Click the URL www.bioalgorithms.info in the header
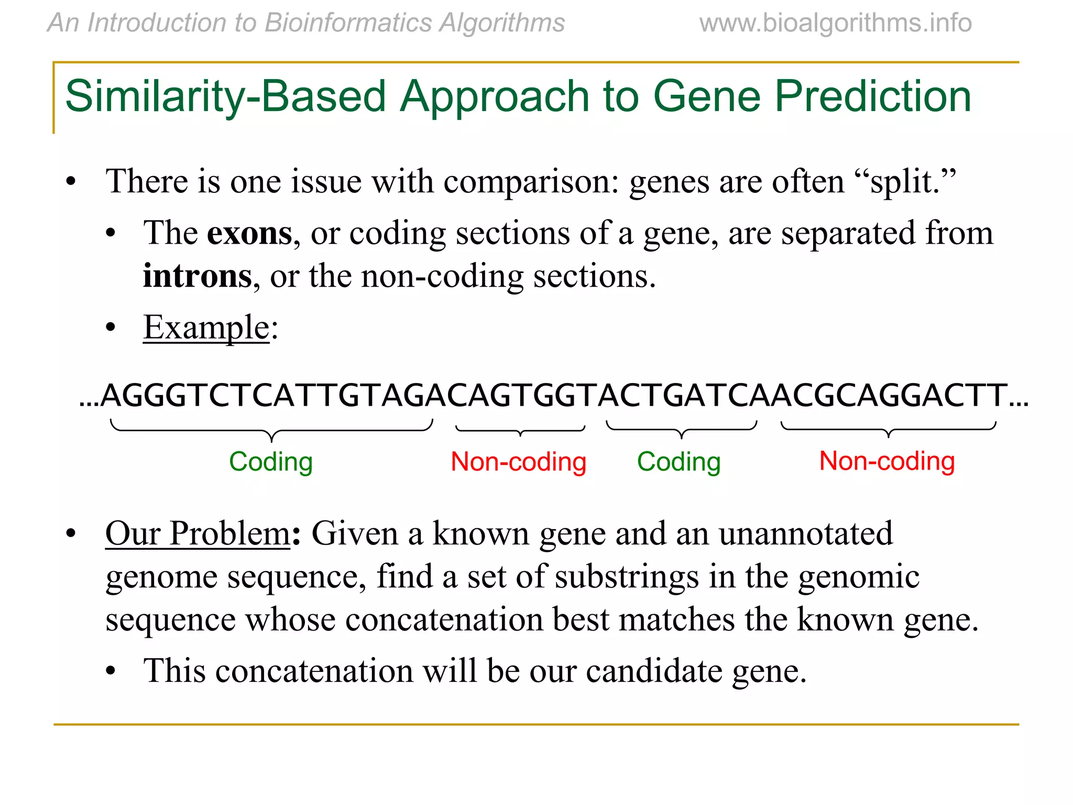pyautogui.click(x=835, y=23)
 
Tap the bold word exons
pyautogui.click(x=249, y=233)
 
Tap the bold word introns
pyautogui.click(x=197, y=276)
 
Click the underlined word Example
pyautogui.click(x=206, y=328)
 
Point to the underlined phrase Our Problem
pyautogui.click(x=198, y=534)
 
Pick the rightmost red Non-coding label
pyautogui.click(x=886, y=461)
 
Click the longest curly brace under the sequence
pyautogui.click(x=271, y=430)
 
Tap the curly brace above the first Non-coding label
pyautogui.click(x=520, y=430)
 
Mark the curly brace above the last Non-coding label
pyautogui.click(x=888, y=429)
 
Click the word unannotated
pyautogui.click(x=805, y=534)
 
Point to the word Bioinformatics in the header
pyautogui.click(x=348, y=23)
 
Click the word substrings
pyautogui.click(x=627, y=577)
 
